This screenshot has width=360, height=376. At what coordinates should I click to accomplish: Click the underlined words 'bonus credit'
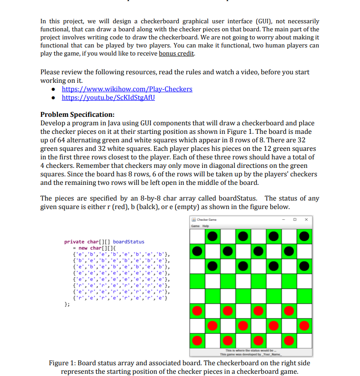point(177,54)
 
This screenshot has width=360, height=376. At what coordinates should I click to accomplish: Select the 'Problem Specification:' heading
point(77,114)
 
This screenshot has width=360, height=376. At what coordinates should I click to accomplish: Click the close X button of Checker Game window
point(306,219)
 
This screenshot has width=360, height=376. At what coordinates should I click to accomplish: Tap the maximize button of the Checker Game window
point(294,219)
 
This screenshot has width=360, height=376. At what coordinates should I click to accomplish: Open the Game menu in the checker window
point(195,226)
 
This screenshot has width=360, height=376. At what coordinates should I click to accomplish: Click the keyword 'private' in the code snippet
point(74,242)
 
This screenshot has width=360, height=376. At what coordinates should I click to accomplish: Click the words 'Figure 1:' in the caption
point(64,363)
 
